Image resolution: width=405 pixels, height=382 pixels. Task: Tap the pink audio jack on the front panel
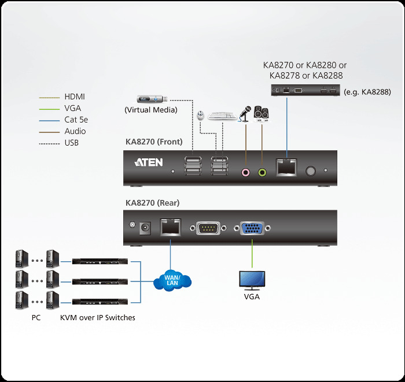(246, 172)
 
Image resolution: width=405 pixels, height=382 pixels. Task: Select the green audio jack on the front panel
(262, 172)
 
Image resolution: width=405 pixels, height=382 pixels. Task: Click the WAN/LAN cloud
(172, 281)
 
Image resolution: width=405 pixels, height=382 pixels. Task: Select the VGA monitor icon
(252, 280)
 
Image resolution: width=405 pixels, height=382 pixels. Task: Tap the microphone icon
(245, 113)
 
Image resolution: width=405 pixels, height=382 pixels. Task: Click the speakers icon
(261, 113)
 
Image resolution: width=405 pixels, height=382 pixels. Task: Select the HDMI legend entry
(75, 97)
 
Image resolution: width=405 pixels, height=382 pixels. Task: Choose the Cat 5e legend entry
(76, 120)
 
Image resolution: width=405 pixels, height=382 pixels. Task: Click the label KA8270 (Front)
(154, 142)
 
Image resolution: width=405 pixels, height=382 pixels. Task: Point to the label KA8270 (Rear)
(152, 203)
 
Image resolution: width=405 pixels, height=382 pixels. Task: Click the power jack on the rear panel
(146, 228)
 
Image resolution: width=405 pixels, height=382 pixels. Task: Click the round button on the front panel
(311, 171)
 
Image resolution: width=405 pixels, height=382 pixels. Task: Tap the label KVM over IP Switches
(97, 317)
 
